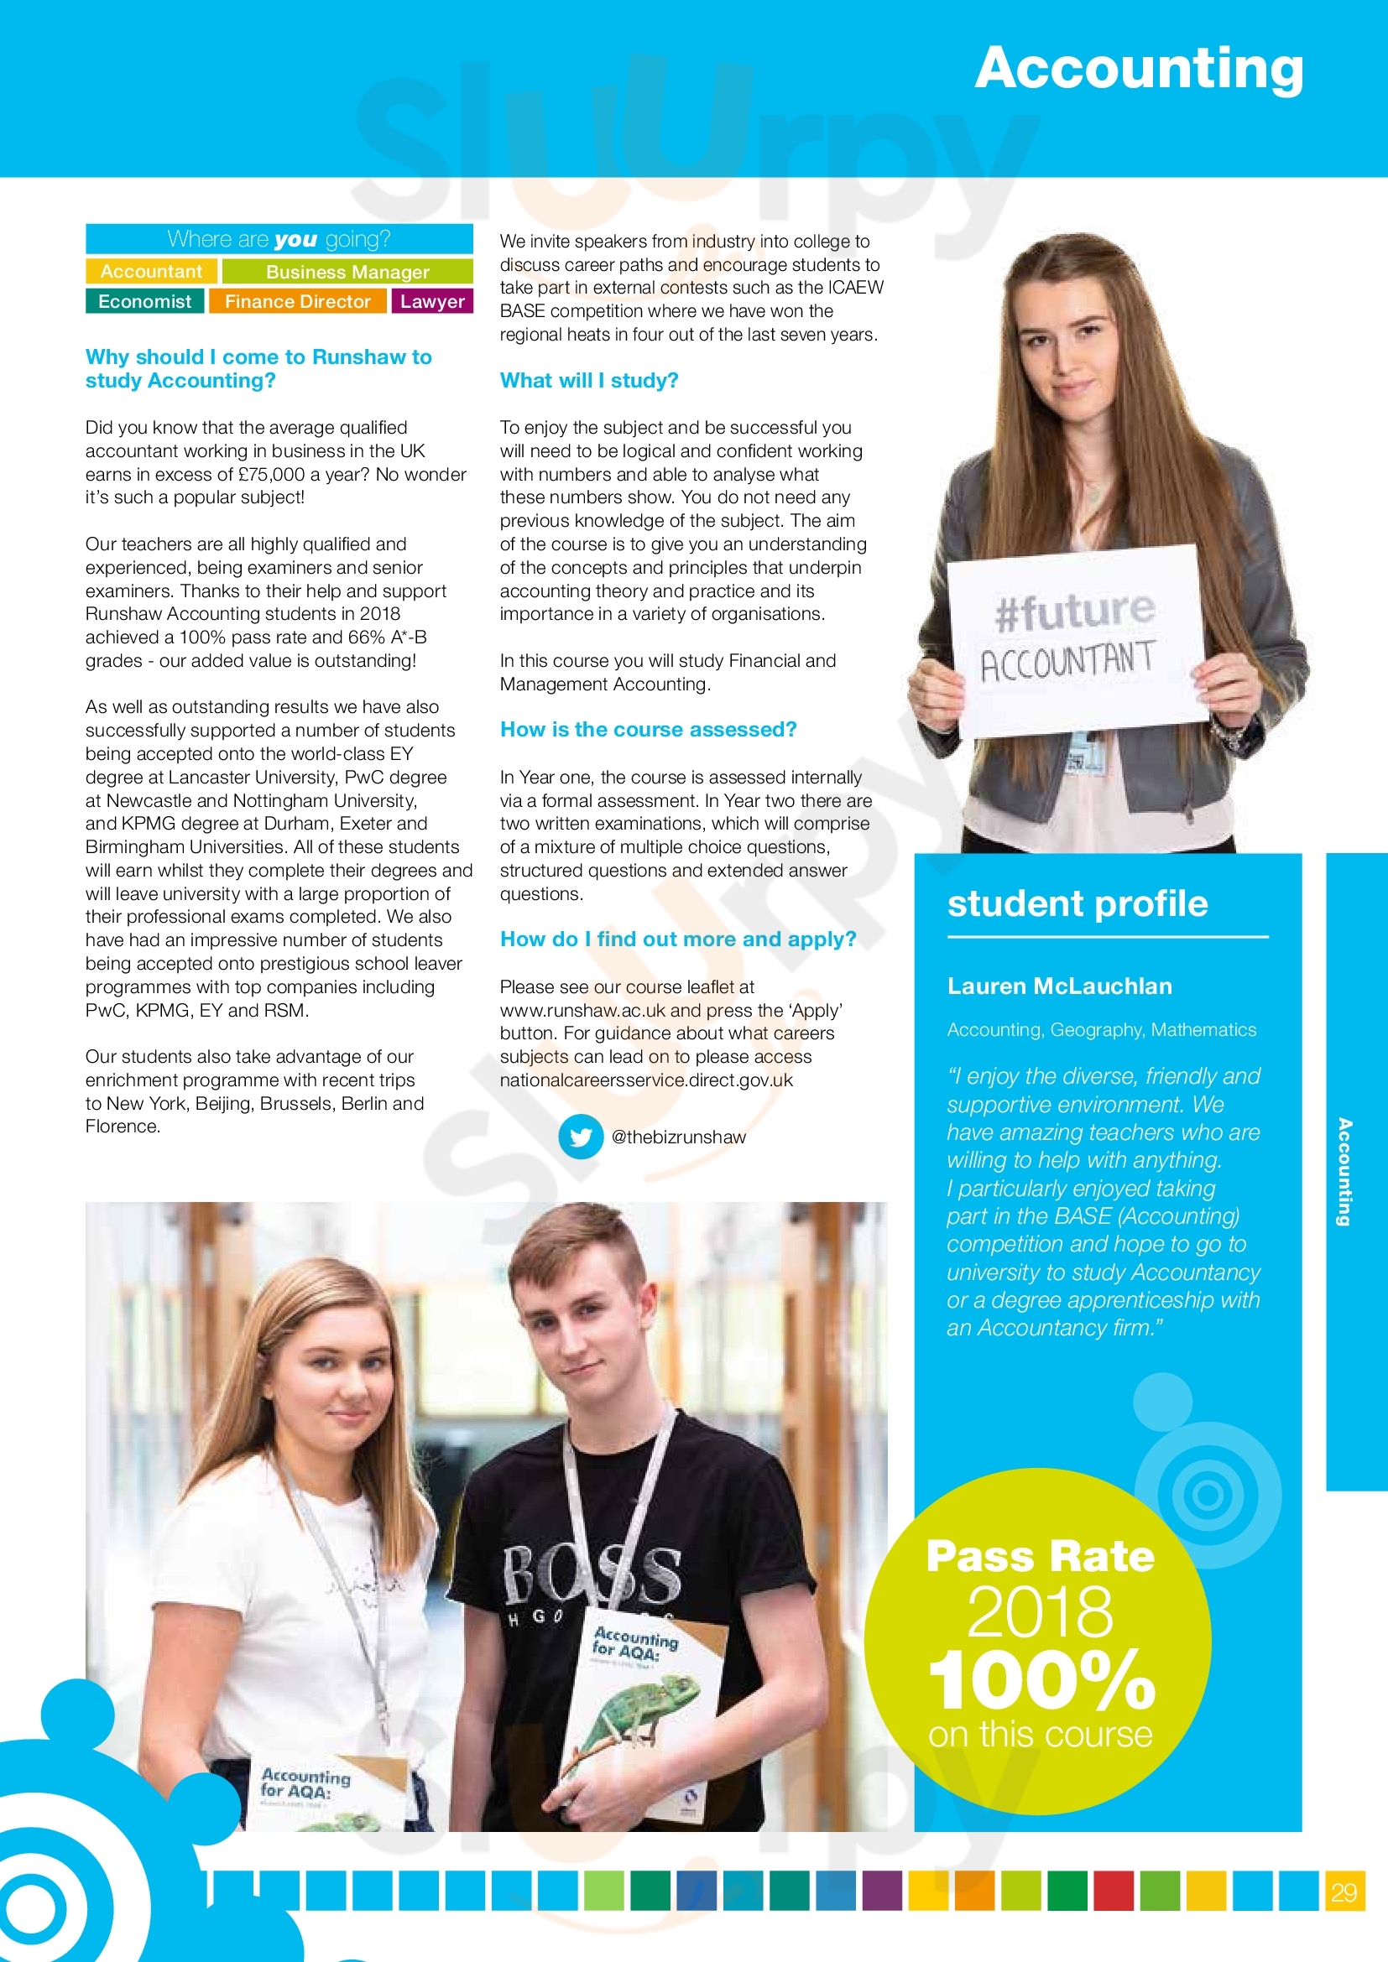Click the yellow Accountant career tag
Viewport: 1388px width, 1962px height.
(x=151, y=271)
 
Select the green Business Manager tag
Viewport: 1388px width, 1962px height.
(x=347, y=272)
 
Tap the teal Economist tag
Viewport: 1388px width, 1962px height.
(x=144, y=301)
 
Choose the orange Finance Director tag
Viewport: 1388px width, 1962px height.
(x=297, y=301)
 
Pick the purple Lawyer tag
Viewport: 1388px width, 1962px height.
(x=431, y=301)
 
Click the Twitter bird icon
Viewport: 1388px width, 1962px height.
(x=581, y=1137)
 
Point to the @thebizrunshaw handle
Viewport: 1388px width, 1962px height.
(x=679, y=1137)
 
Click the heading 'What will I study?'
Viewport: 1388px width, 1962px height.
(x=589, y=380)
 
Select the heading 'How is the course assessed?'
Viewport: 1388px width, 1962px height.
(x=648, y=729)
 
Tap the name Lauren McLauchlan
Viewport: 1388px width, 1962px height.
(x=1059, y=986)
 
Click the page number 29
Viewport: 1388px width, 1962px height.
(x=1344, y=1892)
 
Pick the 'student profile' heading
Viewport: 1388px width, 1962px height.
(x=1077, y=903)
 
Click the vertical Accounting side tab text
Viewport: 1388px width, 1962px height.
(x=1344, y=1172)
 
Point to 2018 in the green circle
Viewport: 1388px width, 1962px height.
(x=1040, y=1612)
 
